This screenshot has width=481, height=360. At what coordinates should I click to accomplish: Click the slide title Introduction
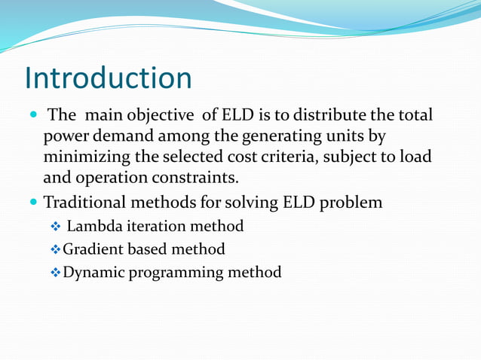tap(108, 78)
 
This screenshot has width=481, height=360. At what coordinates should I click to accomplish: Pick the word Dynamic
tap(93, 272)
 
